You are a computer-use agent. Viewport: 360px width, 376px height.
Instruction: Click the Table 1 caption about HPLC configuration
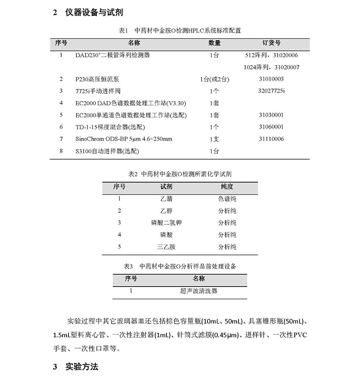pyautogui.click(x=180, y=31)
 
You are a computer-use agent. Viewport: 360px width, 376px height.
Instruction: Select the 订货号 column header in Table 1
pyautogui.click(x=271, y=43)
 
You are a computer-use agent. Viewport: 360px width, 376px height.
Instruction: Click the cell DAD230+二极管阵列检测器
pyautogui.click(x=112, y=55)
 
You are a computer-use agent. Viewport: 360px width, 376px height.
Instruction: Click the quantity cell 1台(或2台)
pyautogui.click(x=215, y=79)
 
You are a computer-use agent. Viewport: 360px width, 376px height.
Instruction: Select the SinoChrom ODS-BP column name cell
pyautogui.click(x=124, y=139)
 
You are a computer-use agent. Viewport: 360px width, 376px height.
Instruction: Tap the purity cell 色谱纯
pyautogui.click(x=227, y=198)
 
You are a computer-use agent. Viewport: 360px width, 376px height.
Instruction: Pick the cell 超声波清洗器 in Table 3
pyautogui.click(x=198, y=291)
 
